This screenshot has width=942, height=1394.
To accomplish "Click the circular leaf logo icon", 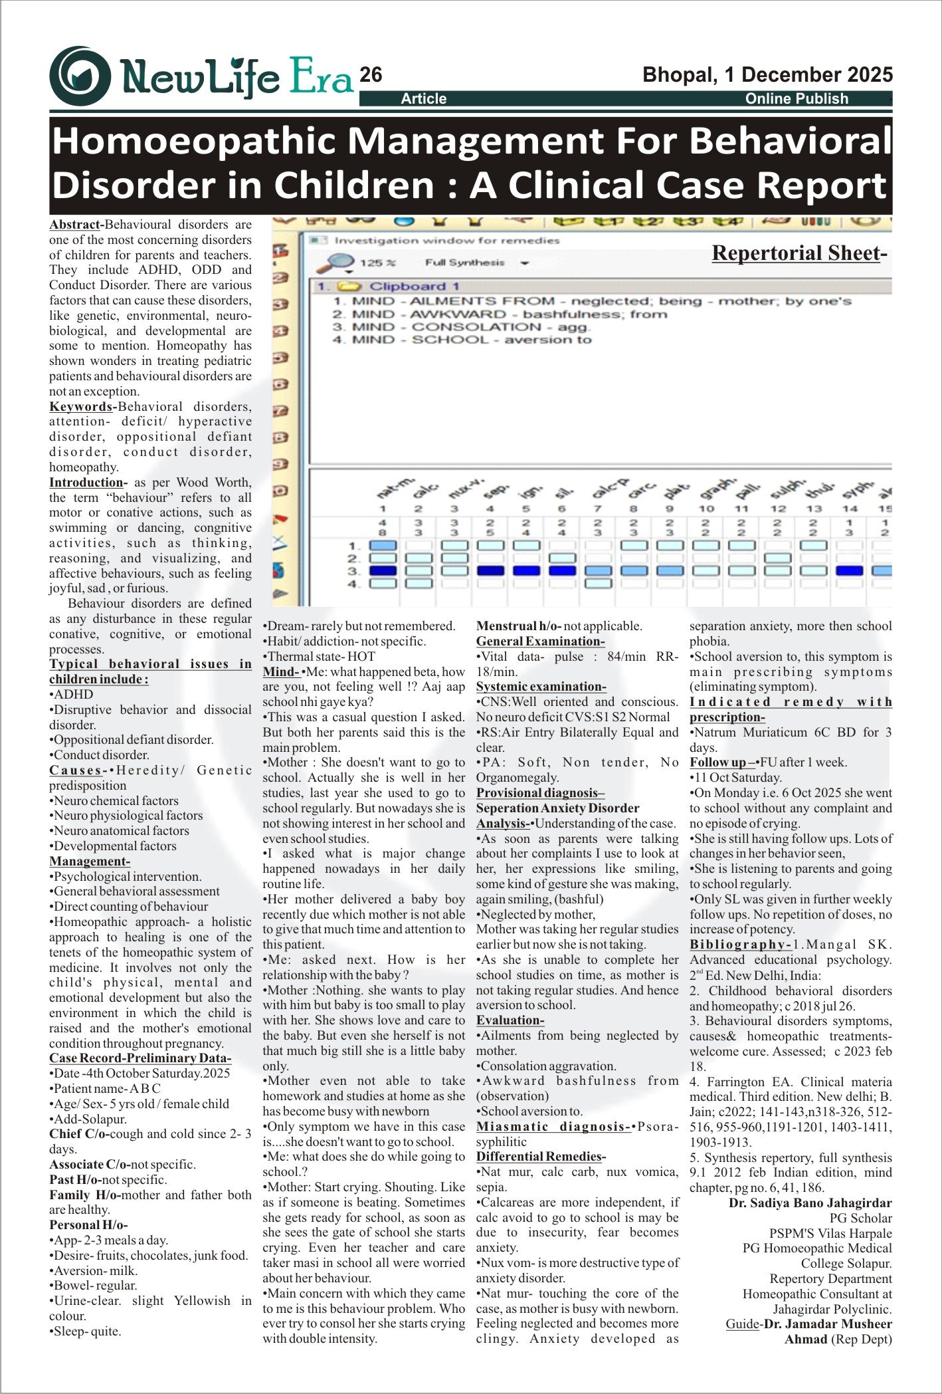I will (x=80, y=75).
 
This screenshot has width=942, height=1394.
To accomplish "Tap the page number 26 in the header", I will (x=371, y=74).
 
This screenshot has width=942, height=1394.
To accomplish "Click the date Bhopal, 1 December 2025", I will (x=767, y=74).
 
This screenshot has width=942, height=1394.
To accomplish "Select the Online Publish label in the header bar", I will (x=797, y=98).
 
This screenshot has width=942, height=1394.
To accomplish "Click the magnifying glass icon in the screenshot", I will (x=333, y=263).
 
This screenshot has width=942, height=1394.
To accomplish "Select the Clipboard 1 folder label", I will (x=414, y=287).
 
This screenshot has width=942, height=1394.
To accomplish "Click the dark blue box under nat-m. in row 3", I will (x=383, y=571).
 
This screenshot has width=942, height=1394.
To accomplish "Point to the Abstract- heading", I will (x=76, y=225).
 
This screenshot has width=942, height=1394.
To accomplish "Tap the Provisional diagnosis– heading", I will (x=540, y=793).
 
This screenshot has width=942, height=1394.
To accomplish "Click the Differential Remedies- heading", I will (x=541, y=1157).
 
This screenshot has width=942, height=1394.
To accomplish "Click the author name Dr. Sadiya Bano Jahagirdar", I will (x=810, y=1203).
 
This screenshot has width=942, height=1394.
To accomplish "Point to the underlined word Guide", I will (x=741, y=1324).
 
